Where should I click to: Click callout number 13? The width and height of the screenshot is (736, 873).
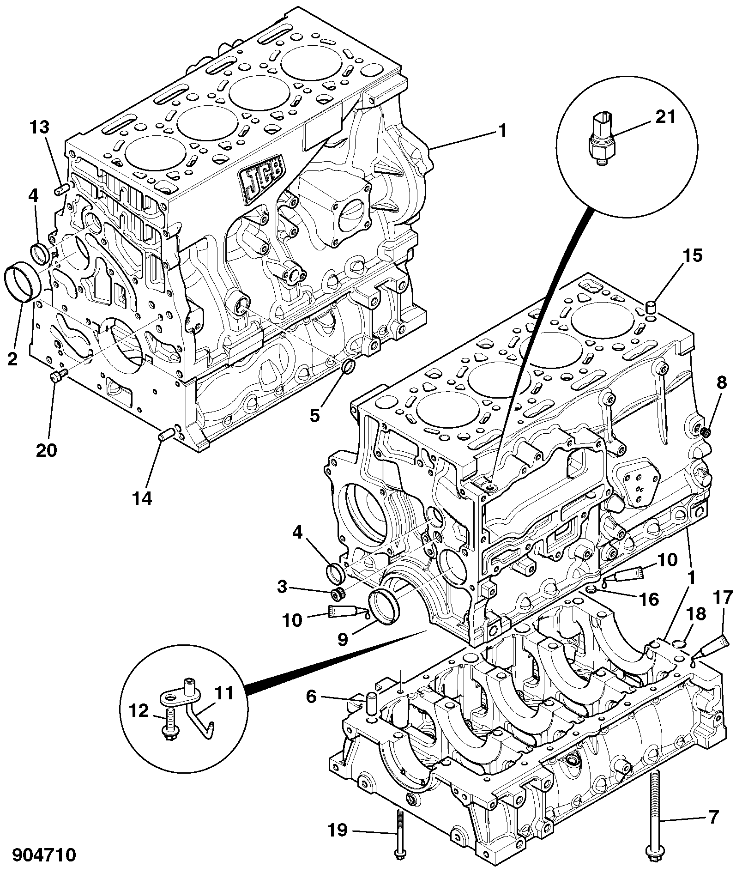[40, 127]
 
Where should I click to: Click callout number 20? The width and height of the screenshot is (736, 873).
[46, 449]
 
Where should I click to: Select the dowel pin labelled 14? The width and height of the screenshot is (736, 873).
[166, 434]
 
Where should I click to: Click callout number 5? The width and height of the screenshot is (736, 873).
[314, 416]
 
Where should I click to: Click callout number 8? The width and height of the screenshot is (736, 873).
[721, 382]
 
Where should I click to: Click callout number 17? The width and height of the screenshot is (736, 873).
[723, 598]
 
